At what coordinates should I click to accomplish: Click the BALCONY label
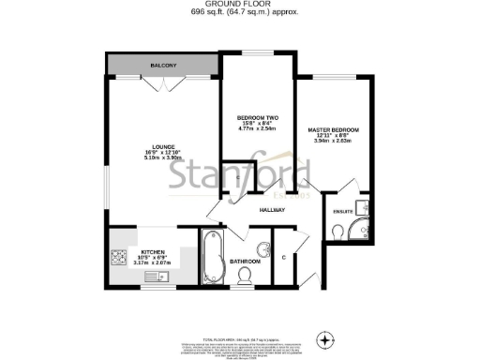point(164,66)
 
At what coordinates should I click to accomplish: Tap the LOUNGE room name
point(165,147)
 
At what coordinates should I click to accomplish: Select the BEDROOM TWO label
point(258,117)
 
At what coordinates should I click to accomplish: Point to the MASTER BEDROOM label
point(333,129)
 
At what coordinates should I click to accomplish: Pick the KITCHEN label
point(153,252)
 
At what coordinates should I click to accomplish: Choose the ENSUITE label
point(344,211)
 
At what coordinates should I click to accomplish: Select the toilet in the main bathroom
point(247,276)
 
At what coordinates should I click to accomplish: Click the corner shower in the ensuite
point(363,231)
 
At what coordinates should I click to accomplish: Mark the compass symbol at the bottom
point(326,338)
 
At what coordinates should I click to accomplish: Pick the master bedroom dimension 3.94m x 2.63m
point(333,141)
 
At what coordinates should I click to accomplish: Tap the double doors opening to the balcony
point(168,84)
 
